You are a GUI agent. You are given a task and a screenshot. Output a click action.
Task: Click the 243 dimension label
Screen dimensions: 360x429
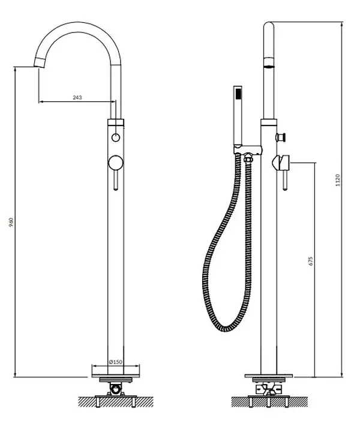(77, 97)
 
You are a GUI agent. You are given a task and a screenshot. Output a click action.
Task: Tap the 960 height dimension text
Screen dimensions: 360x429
(11, 222)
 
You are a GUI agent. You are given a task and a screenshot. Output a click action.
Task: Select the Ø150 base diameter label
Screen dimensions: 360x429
(116, 362)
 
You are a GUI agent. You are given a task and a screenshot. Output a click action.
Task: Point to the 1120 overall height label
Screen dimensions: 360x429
(338, 180)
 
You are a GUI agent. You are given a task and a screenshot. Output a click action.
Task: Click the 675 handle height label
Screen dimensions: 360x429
(310, 261)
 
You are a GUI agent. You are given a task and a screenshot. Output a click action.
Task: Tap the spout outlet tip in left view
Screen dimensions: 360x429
(39, 63)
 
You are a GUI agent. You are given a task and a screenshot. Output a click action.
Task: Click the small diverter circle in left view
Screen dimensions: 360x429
(116, 137)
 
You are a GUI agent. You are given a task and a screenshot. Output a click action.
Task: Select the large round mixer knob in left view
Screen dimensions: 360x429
(116, 163)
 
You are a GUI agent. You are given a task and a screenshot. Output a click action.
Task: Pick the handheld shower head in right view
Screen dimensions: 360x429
(238, 116)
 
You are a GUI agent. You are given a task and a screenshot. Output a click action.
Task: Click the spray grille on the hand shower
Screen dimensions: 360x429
(239, 93)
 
